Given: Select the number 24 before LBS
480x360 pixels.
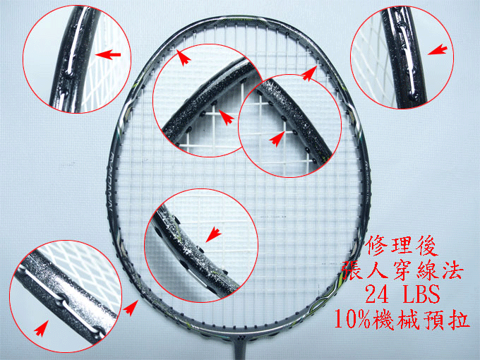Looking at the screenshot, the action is (x=377, y=294).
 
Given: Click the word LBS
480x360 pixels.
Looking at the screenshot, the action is (x=420, y=294).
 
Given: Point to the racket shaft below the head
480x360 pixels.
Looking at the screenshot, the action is (x=238, y=352).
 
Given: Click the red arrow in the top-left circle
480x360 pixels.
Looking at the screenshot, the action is (x=108, y=55).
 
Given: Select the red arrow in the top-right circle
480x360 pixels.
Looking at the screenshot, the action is (x=437, y=49).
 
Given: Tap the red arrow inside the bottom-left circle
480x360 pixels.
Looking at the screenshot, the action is (x=41, y=328).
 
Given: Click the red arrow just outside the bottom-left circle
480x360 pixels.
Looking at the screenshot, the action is (x=131, y=308).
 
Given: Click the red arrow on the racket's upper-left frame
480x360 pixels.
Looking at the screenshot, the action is (x=184, y=58).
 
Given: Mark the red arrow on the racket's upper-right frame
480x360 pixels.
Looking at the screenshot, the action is (x=309, y=74).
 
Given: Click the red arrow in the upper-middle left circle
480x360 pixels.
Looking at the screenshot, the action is (x=227, y=117).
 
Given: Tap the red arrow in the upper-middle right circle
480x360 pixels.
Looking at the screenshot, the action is (x=277, y=138).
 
